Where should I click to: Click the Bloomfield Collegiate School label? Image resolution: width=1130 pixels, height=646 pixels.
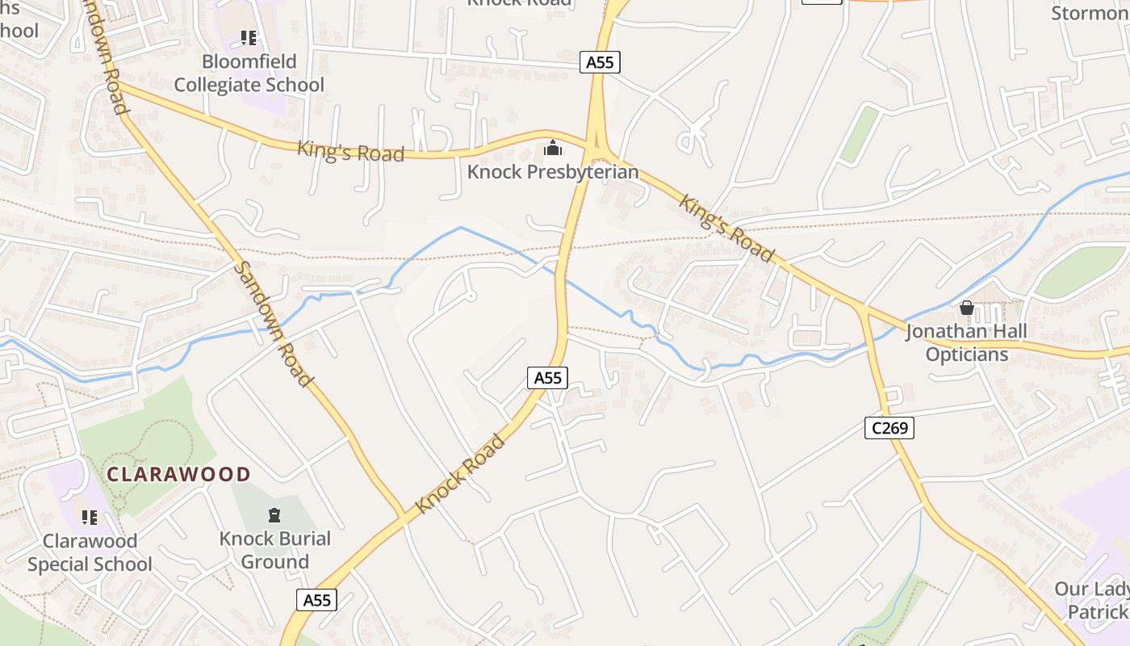[x=249, y=73]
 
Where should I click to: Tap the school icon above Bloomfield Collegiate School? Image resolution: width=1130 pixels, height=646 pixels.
[x=249, y=38]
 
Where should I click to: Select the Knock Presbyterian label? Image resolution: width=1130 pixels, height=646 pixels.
[x=552, y=172]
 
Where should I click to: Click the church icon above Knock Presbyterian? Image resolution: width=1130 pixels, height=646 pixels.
[x=553, y=148]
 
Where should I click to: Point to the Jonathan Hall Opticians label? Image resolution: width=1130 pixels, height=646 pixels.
[x=966, y=343]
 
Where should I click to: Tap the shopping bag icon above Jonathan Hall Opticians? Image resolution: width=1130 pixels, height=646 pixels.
[x=966, y=308]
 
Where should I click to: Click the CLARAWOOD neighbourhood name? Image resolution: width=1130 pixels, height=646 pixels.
[x=179, y=474]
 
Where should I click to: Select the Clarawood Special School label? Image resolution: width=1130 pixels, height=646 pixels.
[x=90, y=552]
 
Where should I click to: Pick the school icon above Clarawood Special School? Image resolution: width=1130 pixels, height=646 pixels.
[x=90, y=517]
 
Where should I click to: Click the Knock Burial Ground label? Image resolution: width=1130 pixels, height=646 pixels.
[x=274, y=550]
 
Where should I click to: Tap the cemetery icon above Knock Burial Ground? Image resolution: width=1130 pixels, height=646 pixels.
[x=274, y=514]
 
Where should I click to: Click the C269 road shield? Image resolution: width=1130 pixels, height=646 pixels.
[x=889, y=427]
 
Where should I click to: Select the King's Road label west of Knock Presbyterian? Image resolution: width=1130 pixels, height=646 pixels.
[x=350, y=151]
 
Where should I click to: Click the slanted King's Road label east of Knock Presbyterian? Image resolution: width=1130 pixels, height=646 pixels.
[x=726, y=228]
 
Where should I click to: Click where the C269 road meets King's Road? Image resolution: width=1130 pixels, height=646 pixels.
[x=862, y=309]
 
